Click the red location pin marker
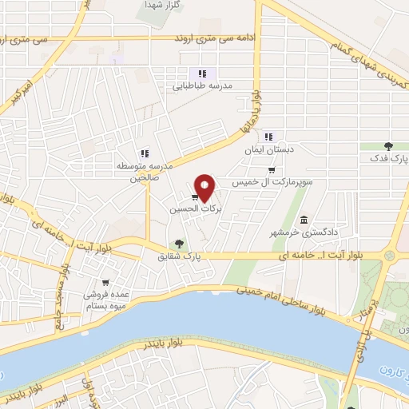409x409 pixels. [x=205, y=187]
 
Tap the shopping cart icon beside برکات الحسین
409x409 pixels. [x=195, y=197]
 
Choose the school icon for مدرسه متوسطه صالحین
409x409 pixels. [x=145, y=153]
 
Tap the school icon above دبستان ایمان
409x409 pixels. [x=270, y=135]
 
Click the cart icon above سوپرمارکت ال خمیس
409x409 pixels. [x=272, y=169]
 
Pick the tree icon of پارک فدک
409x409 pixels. [x=388, y=145]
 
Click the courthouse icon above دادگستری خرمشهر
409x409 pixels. [x=304, y=220]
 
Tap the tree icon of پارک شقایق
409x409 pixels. [x=179, y=244]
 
